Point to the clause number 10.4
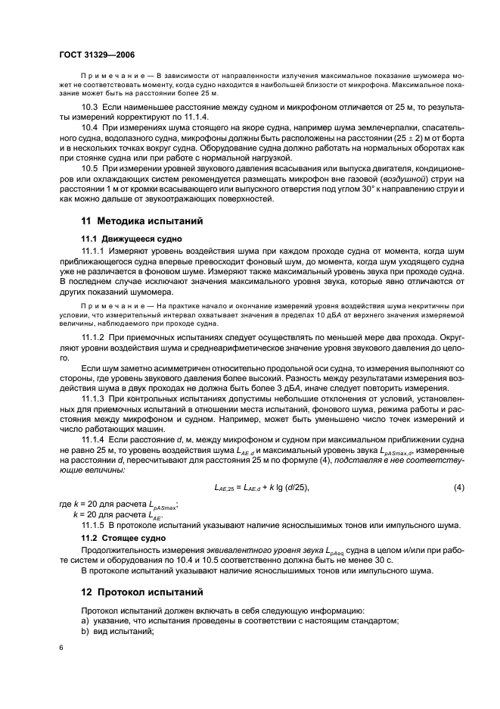[x=91, y=134]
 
